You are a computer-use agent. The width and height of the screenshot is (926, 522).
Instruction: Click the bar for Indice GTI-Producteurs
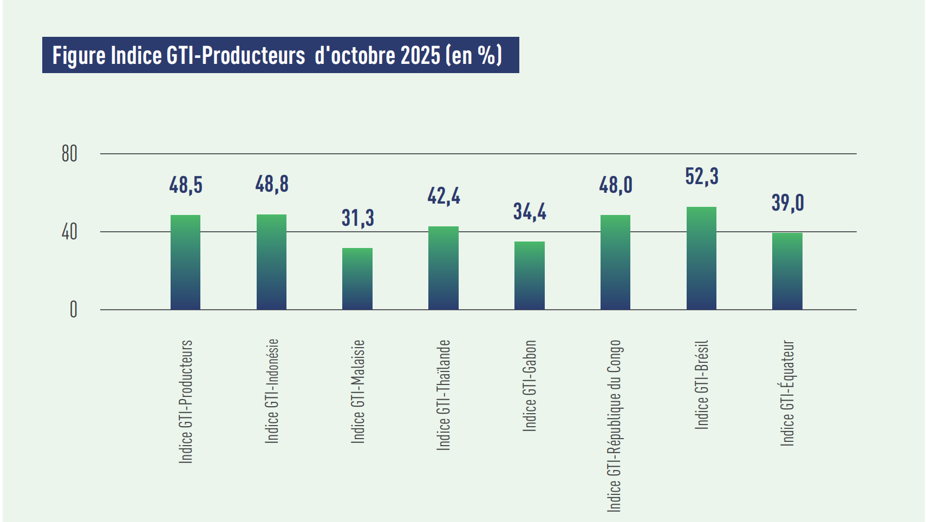tap(185, 263)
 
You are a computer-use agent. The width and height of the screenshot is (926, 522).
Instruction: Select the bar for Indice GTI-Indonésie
tap(271, 262)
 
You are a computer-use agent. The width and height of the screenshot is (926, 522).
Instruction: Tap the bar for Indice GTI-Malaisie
tap(357, 279)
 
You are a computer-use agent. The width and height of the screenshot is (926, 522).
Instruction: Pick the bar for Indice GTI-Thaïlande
tap(444, 268)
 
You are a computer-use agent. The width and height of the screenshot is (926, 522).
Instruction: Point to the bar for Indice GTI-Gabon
tap(529, 276)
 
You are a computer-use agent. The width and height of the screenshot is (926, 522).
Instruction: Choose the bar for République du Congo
tap(615, 263)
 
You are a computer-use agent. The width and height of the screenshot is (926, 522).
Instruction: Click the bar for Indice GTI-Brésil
tap(701, 258)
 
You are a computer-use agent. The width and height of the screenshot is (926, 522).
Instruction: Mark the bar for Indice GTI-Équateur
tap(787, 271)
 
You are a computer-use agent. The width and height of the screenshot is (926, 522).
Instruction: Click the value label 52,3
tap(702, 177)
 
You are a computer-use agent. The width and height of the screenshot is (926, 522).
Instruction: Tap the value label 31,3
tap(357, 218)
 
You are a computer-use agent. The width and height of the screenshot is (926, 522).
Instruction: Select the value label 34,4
tap(530, 211)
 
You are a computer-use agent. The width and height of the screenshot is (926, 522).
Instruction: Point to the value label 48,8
tap(272, 184)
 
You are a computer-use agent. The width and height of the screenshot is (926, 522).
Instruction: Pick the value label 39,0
tap(787, 203)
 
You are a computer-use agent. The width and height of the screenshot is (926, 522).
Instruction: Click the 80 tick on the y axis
tap(69, 154)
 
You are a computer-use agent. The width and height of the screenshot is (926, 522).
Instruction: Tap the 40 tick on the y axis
tap(69, 232)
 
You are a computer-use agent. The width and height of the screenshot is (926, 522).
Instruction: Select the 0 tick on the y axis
tap(73, 310)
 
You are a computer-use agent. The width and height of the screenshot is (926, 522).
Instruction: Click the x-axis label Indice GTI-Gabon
tap(530, 386)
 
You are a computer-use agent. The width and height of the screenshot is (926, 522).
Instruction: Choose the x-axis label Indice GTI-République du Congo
tap(614, 426)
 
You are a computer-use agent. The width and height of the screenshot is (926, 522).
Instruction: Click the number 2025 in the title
tap(420, 55)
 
